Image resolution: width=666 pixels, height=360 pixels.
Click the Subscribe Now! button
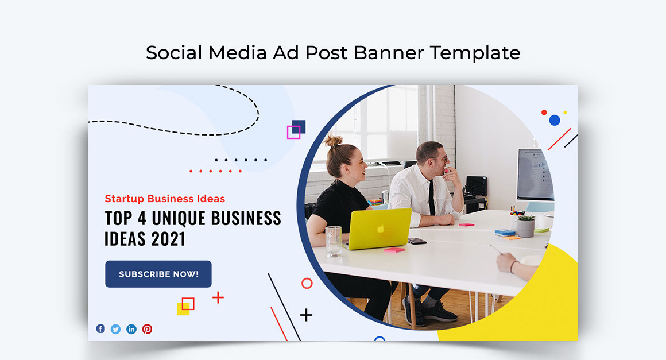coord(158,274)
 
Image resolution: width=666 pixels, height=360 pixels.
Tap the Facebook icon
coord(100,329)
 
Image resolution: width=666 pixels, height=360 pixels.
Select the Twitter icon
coord(116,329)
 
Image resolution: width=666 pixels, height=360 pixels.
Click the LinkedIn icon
coord(131,329)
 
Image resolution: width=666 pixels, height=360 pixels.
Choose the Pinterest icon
coord(147,329)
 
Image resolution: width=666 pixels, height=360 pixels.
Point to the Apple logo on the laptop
coord(380,229)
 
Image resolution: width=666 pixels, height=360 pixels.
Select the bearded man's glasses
coord(440,158)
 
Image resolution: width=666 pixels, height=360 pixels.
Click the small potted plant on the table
coord(526,225)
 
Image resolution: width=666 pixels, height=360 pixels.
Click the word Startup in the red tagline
coord(125,199)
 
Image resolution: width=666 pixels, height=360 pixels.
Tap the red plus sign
coord(218,297)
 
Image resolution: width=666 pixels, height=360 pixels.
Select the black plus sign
coord(307,315)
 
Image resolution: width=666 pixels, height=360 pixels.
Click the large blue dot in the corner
coord(555,120)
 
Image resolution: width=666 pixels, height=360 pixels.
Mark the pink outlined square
coord(293,133)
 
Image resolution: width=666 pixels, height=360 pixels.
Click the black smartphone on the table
coord(417,241)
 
